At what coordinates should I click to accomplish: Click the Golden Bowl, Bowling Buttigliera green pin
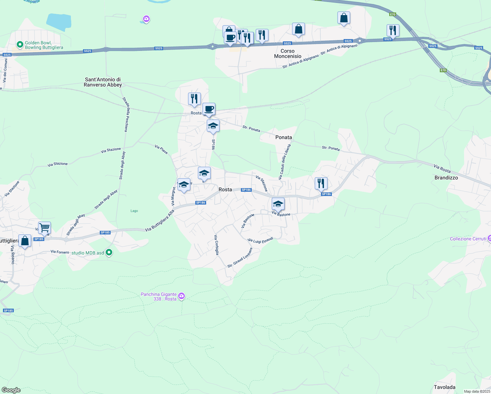[x=20, y=44]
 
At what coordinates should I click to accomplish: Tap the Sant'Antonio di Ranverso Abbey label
[x=103, y=82]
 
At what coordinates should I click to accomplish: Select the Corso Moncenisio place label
[x=288, y=54]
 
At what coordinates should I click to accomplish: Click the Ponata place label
[x=284, y=137]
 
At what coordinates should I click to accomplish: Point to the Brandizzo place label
[x=446, y=178]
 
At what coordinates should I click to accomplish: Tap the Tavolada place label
[x=444, y=387]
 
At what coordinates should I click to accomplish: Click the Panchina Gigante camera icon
[x=181, y=296]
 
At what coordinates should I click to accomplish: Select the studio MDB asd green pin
[x=109, y=252]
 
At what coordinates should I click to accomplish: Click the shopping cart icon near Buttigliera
[x=44, y=227]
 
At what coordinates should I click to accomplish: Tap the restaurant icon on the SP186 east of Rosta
[x=321, y=183]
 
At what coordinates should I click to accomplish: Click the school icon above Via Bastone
[x=278, y=204]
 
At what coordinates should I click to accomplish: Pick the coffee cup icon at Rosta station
[x=209, y=109]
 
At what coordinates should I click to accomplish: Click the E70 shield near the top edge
[x=393, y=14]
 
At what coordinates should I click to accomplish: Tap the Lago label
[x=134, y=211]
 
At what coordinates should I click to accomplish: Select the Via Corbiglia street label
[x=216, y=245]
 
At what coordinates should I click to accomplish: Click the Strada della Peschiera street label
[x=125, y=115]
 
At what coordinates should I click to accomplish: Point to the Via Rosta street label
[x=442, y=168]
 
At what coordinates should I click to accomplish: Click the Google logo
[x=11, y=390]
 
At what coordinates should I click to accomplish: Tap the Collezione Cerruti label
[x=468, y=239]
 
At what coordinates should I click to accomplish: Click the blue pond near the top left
[x=59, y=21]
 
